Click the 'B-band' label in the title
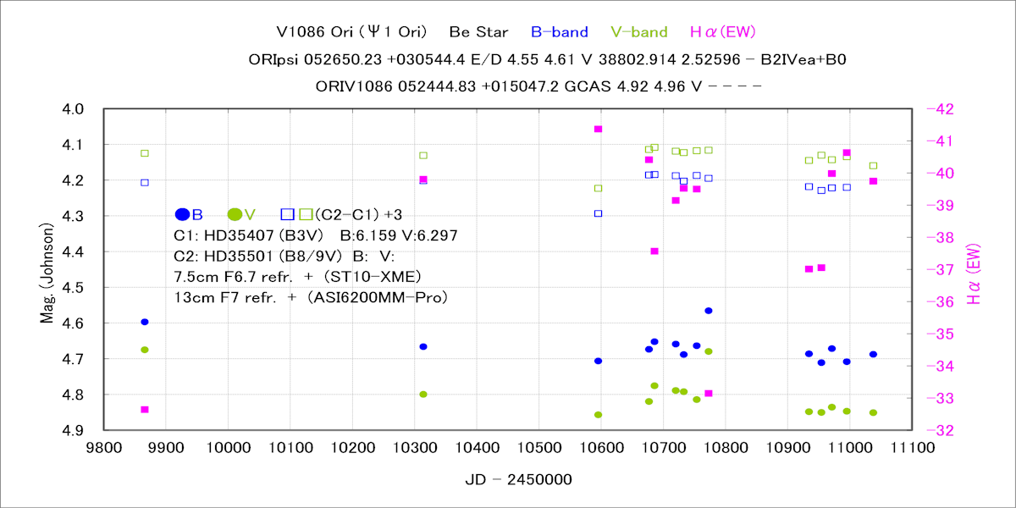559,33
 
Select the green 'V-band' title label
638,33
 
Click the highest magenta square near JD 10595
598,129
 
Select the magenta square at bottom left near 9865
145,409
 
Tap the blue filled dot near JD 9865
145,322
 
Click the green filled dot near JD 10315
423,395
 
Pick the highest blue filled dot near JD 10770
709,311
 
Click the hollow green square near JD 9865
145,153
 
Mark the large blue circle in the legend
182,214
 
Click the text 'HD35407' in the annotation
237,236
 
